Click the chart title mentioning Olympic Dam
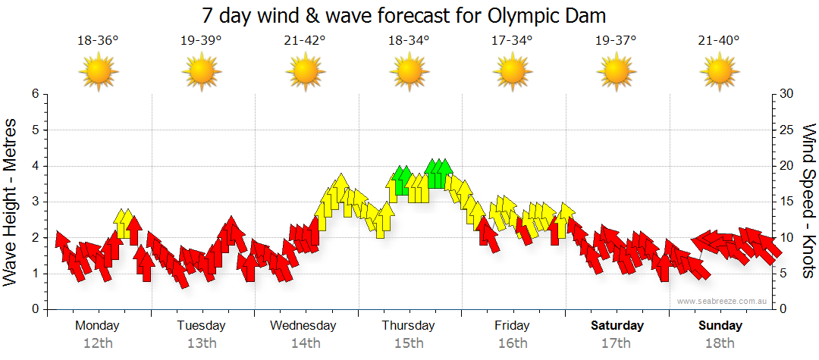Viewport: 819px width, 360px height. (x=404, y=15)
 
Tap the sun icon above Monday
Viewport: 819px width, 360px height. (x=98, y=72)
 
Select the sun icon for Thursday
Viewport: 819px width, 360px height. (x=409, y=72)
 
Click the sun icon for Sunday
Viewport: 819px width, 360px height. (x=719, y=72)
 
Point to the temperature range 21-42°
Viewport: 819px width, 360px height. (x=305, y=40)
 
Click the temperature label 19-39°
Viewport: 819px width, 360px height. (x=201, y=40)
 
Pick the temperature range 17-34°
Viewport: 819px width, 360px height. (x=512, y=40)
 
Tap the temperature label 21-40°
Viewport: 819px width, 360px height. (x=719, y=40)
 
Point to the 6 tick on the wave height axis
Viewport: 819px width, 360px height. (x=34, y=94)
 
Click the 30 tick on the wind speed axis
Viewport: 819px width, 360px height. (x=786, y=94)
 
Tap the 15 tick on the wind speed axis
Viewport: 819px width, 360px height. (x=786, y=202)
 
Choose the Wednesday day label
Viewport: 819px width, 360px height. (x=303, y=326)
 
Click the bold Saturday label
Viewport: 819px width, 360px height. (x=617, y=326)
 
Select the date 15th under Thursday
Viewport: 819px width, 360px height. (x=409, y=343)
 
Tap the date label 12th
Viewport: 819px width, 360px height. (x=98, y=343)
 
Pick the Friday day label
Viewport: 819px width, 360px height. (x=512, y=326)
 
